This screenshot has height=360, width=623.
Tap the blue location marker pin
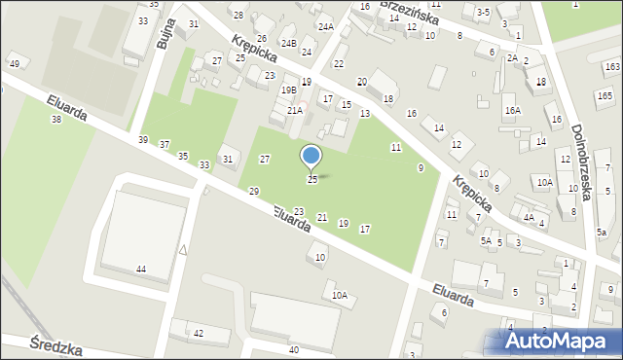click(x=311, y=157)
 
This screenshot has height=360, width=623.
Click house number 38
click(x=55, y=119)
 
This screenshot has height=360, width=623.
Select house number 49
click(x=14, y=64)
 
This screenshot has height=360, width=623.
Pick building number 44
click(x=141, y=269)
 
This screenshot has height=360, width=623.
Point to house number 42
click(x=199, y=333)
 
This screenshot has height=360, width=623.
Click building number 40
click(x=293, y=349)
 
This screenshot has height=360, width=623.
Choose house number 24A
click(x=325, y=27)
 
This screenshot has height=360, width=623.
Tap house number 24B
click(x=288, y=44)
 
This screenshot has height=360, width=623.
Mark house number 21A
click(x=294, y=111)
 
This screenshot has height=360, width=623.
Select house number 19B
click(x=289, y=90)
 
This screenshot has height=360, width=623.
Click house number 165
click(x=605, y=95)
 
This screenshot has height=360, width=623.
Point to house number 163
click(x=611, y=66)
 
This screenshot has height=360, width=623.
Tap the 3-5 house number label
click(x=483, y=12)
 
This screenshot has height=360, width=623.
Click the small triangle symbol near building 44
click(x=183, y=250)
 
